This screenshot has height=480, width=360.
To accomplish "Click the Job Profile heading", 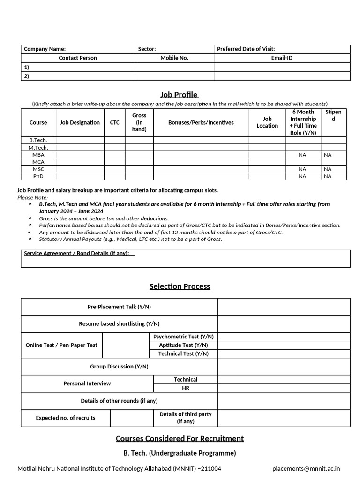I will pos(180,95).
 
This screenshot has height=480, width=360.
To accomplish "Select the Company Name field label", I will pos(45,49).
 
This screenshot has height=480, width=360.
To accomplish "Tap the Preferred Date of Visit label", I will pos(246,49).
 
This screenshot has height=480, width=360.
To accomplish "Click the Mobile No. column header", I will pos(174,58).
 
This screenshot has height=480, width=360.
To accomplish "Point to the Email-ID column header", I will pos(282,58).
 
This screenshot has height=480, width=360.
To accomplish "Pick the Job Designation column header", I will pos(80,122).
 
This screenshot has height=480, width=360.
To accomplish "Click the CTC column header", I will pos(114,122).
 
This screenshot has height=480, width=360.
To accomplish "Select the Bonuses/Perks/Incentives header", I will pos(201,122).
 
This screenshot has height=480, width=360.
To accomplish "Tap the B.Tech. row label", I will pos(38,140).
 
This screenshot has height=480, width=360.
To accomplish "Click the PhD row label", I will pos(38,176).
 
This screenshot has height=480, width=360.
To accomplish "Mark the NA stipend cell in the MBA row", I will pos(327,155).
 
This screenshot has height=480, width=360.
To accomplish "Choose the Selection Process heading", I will pos(180,286).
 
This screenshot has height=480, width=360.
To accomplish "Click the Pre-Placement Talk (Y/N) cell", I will pos(119,307).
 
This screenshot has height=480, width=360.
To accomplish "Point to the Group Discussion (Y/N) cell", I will pos(119,367).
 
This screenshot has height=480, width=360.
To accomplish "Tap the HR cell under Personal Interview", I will pos(185,388).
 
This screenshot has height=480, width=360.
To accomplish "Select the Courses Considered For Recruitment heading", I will pos(180,439).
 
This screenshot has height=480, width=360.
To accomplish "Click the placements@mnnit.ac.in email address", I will pos(306,468).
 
